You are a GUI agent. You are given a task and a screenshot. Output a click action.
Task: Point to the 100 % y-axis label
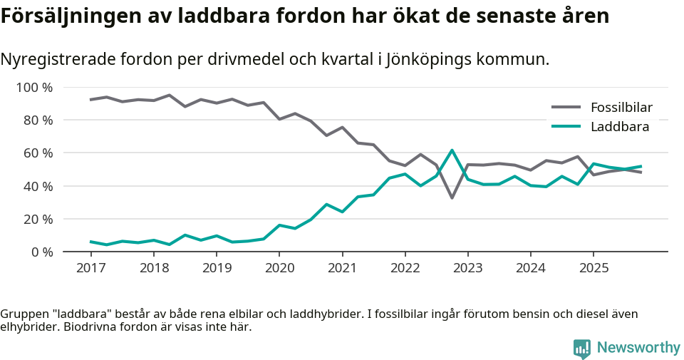click(34, 88)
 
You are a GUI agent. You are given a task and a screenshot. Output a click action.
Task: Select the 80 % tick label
click(38, 120)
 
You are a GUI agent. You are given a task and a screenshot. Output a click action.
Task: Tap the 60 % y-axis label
click(38, 153)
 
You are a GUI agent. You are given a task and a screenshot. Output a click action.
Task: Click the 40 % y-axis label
click(38, 186)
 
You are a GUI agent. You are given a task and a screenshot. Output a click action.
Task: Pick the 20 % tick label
click(38, 219)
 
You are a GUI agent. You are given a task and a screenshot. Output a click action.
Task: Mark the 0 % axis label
click(41, 252)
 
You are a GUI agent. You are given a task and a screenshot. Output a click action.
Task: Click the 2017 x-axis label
click(90, 268)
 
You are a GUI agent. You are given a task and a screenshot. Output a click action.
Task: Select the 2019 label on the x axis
click(217, 268)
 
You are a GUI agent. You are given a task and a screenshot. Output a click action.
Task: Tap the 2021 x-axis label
click(342, 268)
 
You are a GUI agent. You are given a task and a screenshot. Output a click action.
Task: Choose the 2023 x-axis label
click(468, 268)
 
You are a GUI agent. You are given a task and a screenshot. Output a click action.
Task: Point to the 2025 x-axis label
click(594, 268)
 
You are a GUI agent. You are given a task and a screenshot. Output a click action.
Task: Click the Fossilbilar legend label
click(621, 108)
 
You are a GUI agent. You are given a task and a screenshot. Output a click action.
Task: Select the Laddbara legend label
click(619, 127)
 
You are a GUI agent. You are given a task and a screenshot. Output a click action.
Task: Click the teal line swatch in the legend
click(566, 127)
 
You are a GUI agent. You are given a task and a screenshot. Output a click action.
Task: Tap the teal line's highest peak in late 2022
click(452, 150)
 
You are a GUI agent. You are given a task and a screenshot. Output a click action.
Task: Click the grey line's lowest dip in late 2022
click(452, 197)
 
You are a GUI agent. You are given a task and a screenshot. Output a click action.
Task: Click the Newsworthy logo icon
click(581, 348)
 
